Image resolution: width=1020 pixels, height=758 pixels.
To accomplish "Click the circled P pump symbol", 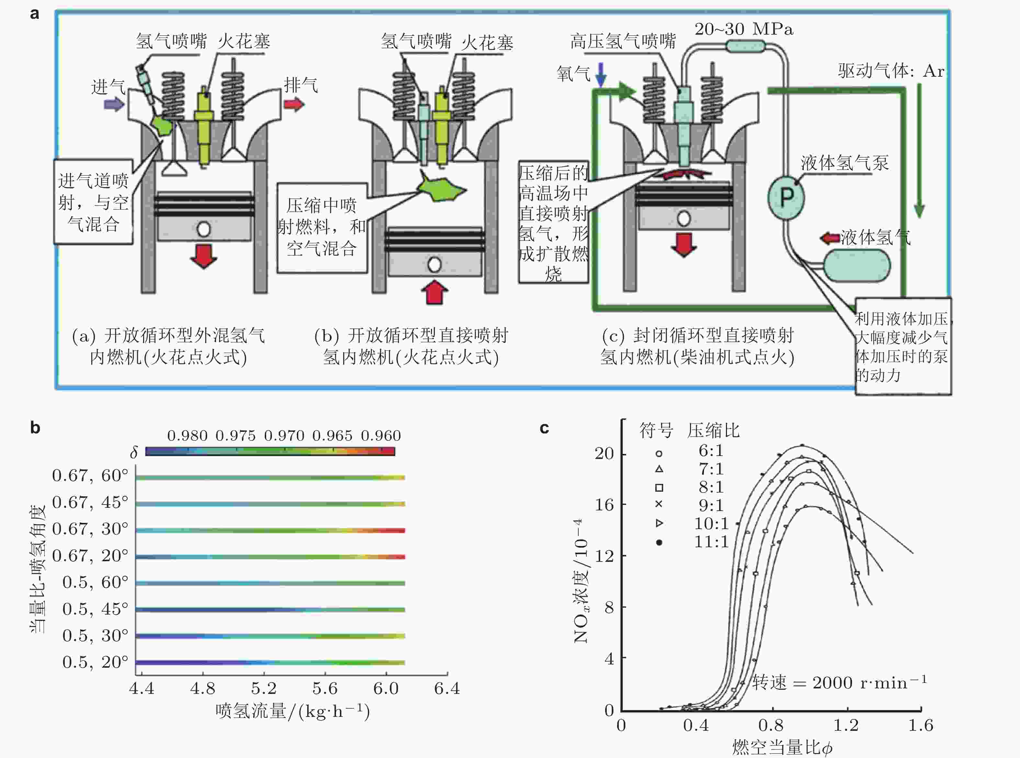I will (786, 198).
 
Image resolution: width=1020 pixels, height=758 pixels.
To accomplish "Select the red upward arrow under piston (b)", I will (434, 292).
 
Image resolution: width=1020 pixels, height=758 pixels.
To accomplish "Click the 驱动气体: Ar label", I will (890, 71).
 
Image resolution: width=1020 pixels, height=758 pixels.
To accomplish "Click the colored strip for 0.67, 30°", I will (270, 530).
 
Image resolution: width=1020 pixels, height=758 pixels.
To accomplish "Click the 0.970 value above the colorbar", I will (284, 435).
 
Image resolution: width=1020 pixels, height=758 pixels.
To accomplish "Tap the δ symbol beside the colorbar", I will (134, 453).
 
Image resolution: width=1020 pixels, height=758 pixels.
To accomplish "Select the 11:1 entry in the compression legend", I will (711, 542).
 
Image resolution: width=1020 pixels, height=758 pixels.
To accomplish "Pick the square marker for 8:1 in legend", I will (659, 488).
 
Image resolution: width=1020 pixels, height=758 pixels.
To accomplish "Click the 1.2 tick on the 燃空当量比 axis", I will (845, 725).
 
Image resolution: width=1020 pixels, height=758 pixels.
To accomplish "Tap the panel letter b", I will (35, 428).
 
